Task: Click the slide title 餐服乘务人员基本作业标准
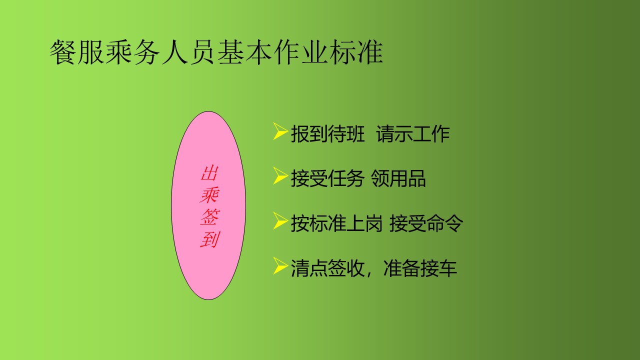pos(216,52)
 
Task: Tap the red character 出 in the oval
pos(209,173)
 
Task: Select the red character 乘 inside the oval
pos(209,195)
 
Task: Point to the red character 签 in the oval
pos(209,217)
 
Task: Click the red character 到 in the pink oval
pos(209,239)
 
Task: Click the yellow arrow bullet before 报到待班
pos(280,131)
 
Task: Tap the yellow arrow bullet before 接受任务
pos(280,175)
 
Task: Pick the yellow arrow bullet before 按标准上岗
pos(280,220)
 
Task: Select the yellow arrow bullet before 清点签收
pos(280,265)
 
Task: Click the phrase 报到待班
pos(327,133)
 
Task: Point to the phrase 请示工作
pos(413,133)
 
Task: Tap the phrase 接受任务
pos(327,178)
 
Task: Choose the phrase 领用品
pos(398,178)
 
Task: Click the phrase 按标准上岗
pos(336,223)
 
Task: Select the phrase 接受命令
pos(426,223)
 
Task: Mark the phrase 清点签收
pos(327,268)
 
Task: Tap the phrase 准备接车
pos(420,268)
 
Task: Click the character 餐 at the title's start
pos(63,52)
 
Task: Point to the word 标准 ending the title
pos(356,52)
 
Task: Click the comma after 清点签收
pos(369,273)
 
